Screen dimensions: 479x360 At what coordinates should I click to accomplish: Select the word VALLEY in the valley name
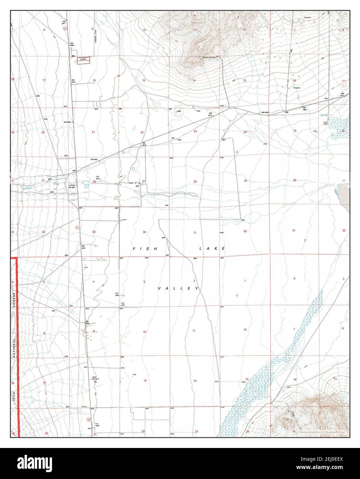click(178, 288)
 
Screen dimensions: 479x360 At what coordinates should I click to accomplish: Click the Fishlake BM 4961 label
click(72, 186)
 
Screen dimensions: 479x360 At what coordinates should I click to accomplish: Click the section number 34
click(144, 232)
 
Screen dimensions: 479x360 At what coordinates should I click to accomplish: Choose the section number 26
click(195, 182)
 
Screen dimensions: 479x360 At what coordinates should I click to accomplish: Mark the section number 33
click(94, 232)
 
